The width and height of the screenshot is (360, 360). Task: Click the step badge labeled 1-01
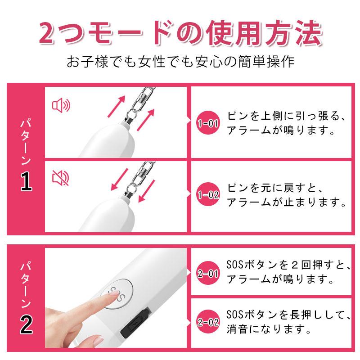coord(208,123)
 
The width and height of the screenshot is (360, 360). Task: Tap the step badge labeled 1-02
coord(208,194)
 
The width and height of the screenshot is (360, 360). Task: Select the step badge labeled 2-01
coord(208,273)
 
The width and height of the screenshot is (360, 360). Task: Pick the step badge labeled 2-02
coord(208,322)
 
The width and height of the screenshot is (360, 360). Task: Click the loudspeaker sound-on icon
coord(61,105)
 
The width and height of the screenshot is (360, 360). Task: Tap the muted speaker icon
coord(61,178)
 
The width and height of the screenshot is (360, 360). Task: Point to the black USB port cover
coord(136,323)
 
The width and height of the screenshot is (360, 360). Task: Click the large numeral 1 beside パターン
coord(26,181)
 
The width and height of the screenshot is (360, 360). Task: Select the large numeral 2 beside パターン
coord(26,324)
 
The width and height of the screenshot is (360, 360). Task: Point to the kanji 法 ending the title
coord(309,32)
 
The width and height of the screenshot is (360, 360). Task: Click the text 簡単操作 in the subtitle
coord(266,61)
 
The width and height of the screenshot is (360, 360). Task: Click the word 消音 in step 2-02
coord(237,329)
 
